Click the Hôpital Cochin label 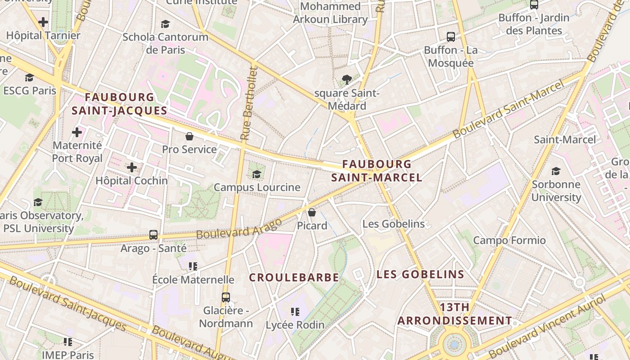click(131, 180)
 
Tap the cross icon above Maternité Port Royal click(77, 132)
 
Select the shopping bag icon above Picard click(312, 212)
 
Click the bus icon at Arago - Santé click(153, 234)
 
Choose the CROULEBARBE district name click(294, 278)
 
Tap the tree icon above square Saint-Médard click(346, 80)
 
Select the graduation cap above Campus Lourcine click(256, 174)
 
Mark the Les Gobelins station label click(393, 224)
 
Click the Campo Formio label click(509, 240)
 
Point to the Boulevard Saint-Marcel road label click(508, 109)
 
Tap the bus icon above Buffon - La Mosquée click(450, 37)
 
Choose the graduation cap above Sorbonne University click(556, 171)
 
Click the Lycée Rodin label click(295, 324)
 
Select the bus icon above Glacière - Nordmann click(226, 297)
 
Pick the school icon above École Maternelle click(193, 266)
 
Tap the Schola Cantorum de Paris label click(165, 43)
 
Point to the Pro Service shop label click(189, 149)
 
